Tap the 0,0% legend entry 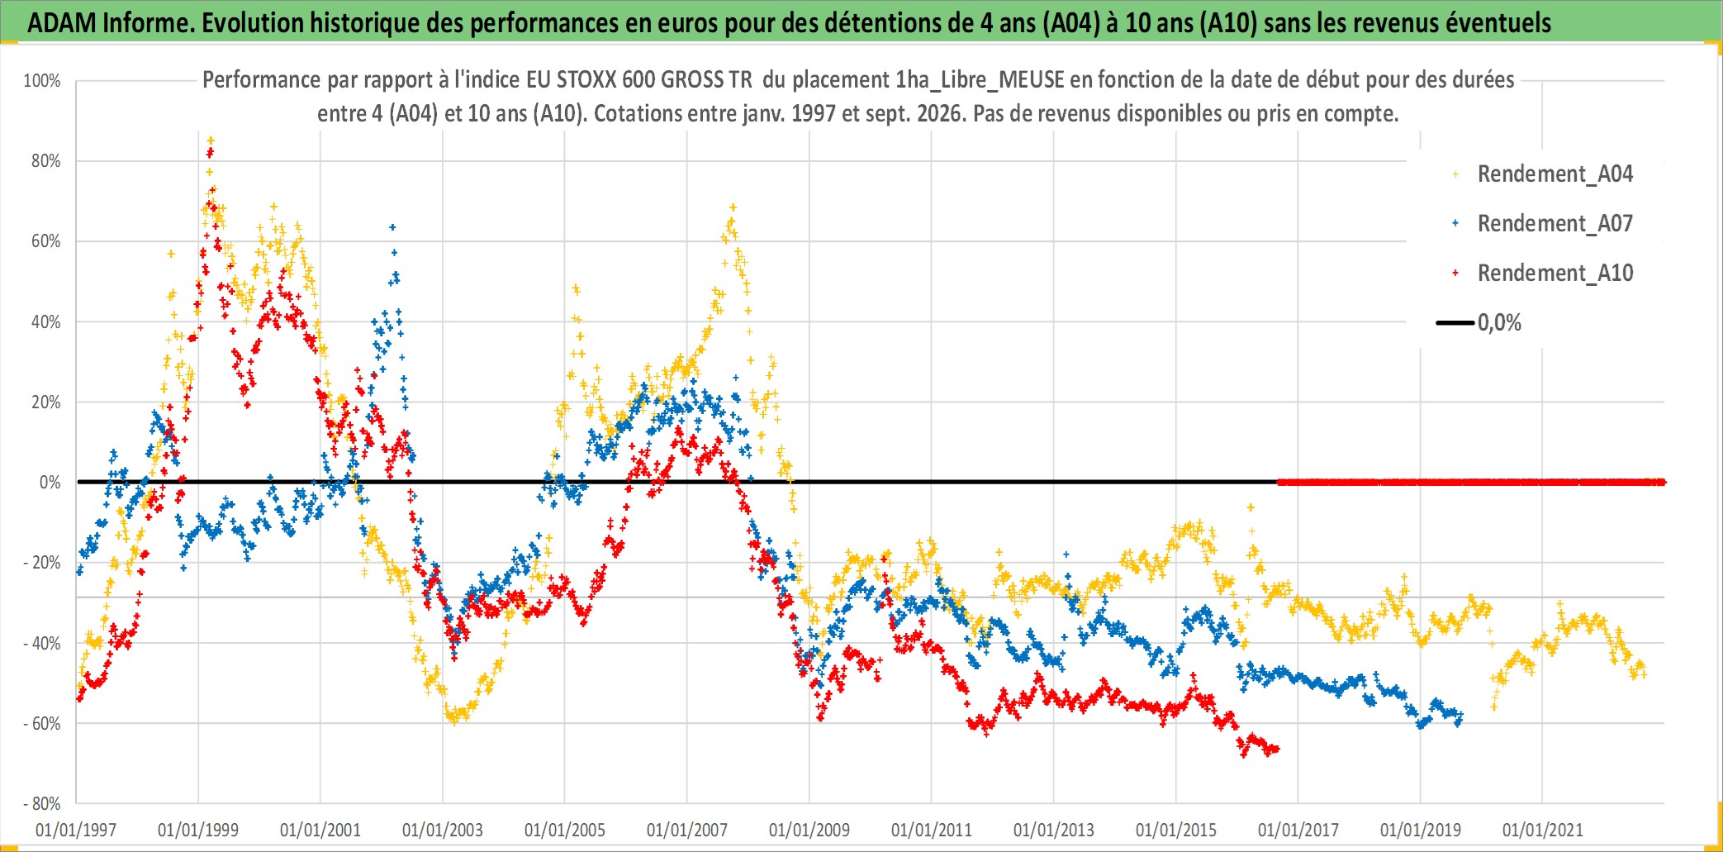pyautogui.click(x=1479, y=323)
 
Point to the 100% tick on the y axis pyautogui.click(x=42, y=81)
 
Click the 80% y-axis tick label pyautogui.click(x=46, y=161)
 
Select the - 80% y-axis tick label pyautogui.click(x=42, y=803)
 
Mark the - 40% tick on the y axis pyautogui.click(x=42, y=643)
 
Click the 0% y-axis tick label pyautogui.click(x=50, y=483)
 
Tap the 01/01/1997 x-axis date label pyautogui.click(x=76, y=830)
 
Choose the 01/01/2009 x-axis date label pyautogui.click(x=809, y=830)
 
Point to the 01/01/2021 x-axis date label pyautogui.click(x=1543, y=830)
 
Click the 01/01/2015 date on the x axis pyautogui.click(x=1176, y=830)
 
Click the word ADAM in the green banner pyautogui.click(x=62, y=23)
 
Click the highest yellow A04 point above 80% pyautogui.click(x=211, y=140)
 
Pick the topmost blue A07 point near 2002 pyautogui.click(x=392, y=226)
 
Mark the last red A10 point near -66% pyautogui.click(x=1276, y=749)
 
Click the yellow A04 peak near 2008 pyautogui.click(x=733, y=208)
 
